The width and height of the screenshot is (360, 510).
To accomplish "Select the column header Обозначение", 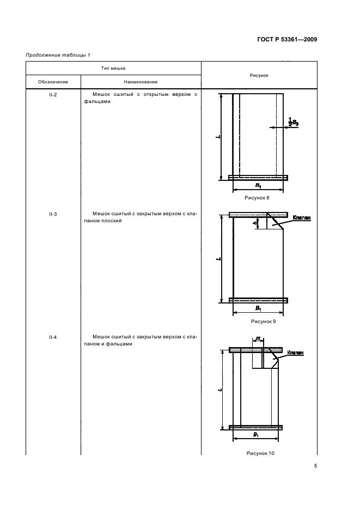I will click(53, 82).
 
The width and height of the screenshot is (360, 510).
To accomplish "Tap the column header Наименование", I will click(141, 82).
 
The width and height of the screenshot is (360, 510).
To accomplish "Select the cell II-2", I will click(53, 95).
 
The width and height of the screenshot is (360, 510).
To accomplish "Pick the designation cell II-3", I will click(53, 215).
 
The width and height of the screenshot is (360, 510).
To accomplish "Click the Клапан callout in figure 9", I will click(301, 218).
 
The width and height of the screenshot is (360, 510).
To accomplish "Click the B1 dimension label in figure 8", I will click(258, 185).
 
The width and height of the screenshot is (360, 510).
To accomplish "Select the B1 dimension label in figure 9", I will click(258, 308).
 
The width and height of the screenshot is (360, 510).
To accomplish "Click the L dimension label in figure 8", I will click(217, 137).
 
